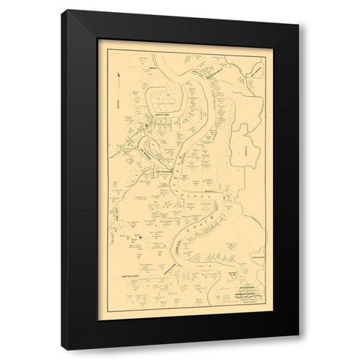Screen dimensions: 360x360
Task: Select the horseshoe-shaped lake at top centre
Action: click(166, 97)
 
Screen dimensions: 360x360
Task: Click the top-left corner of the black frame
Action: click(61, 11)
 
